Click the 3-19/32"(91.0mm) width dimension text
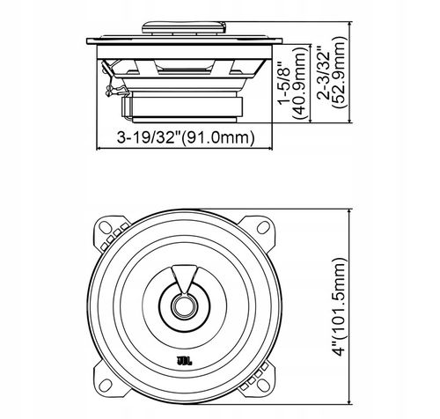pyautogui.click(x=185, y=136)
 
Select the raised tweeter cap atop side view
pyautogui.click(x=186, y=26)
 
